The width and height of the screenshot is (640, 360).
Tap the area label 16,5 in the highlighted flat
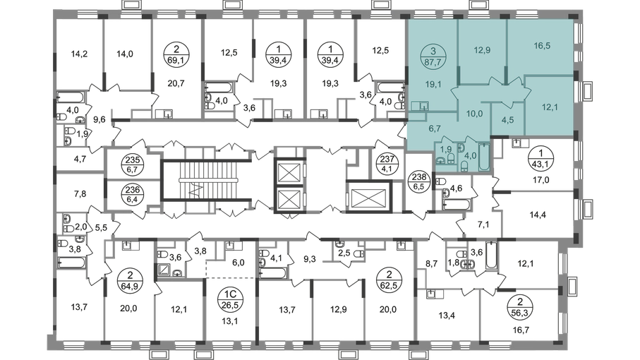click(x=542, y=46)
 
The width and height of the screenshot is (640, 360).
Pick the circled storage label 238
click(x=419, y=183)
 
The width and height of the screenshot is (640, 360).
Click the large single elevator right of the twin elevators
click(x=368, y=197)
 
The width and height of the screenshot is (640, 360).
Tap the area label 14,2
click(x=79, y=54)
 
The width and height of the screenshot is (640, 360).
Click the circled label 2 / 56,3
click(x=520, y=307)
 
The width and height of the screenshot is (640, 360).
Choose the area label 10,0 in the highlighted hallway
click(x=474, y=114)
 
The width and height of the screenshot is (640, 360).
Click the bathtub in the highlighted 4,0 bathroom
click(x=484, y=156)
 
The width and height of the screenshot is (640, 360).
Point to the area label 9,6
click(x=99, y=119)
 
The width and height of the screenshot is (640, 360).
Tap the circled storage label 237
click(x=387, y=165)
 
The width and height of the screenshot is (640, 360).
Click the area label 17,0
click(x=541, y=179)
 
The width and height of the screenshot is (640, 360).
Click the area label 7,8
click(x=80, y=194)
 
